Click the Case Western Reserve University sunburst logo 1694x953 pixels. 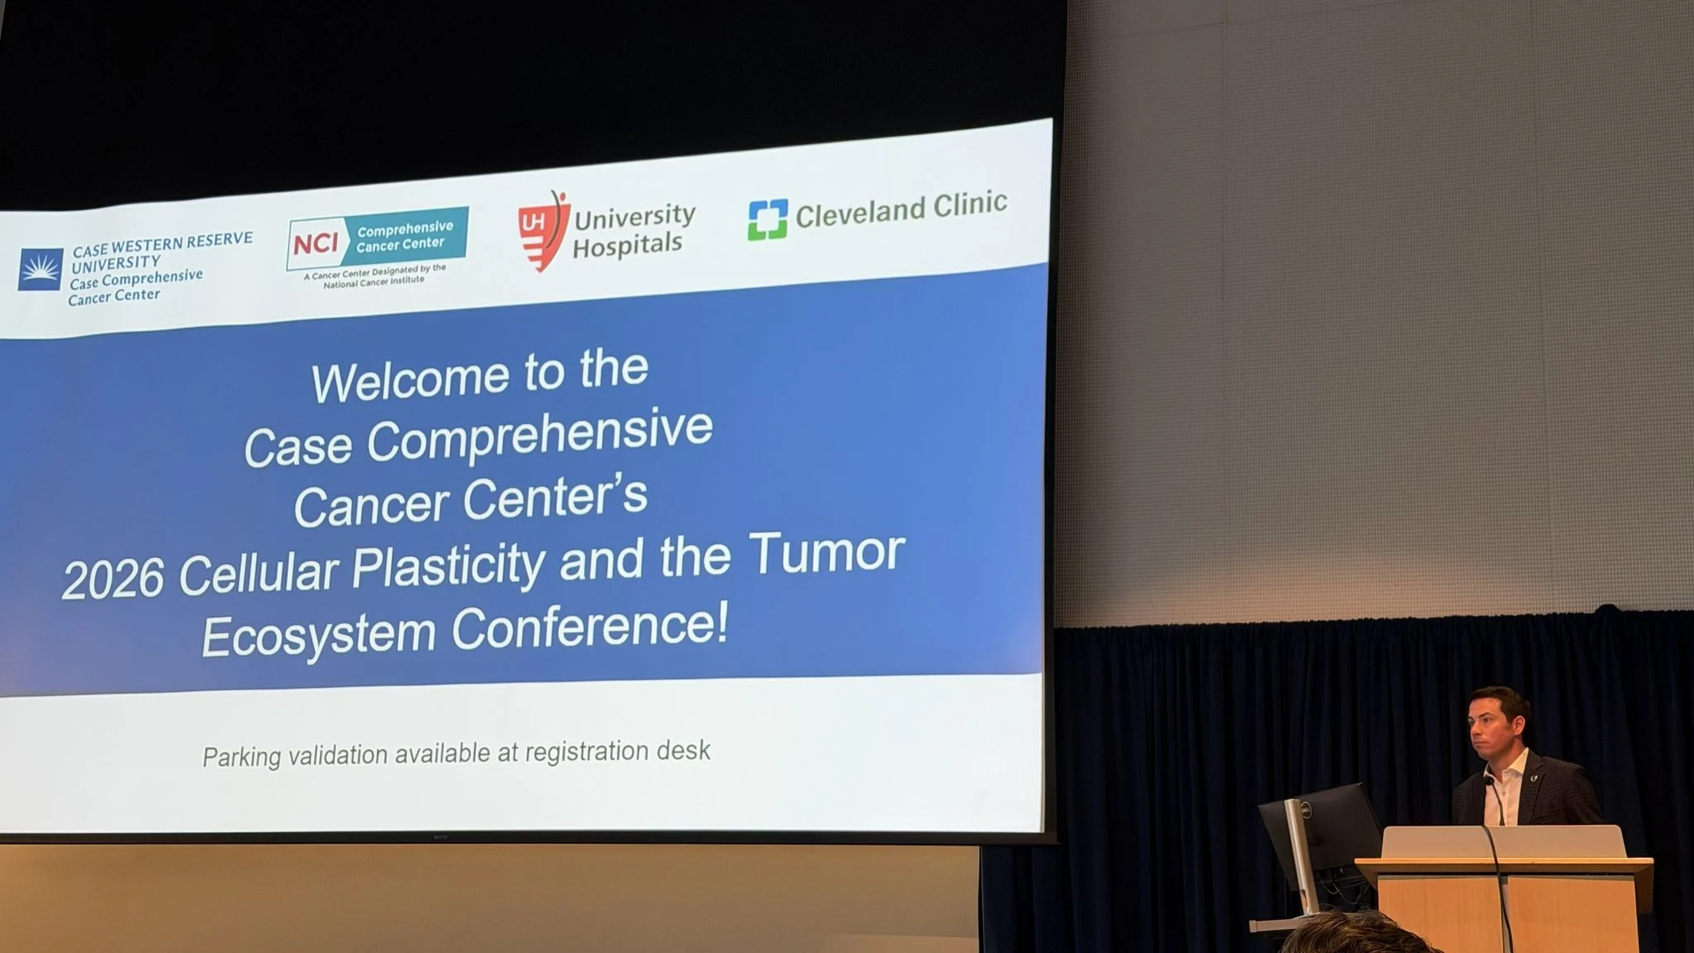41,270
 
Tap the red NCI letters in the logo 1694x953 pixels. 316,243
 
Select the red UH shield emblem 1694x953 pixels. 543,231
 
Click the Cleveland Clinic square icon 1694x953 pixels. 768,219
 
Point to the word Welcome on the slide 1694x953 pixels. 410,378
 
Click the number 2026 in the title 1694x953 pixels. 113,578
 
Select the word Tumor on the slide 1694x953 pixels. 826,553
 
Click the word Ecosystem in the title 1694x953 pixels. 318,635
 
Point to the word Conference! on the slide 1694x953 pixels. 590,626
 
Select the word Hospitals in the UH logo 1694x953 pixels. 628,246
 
